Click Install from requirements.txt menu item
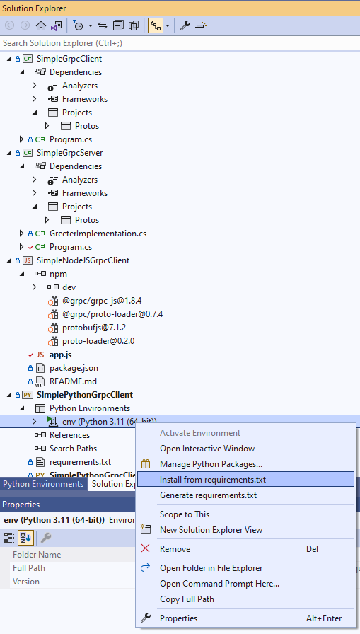(213, 480)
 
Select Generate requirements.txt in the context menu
(208, 495)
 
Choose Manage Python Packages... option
(211, 464)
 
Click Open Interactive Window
(207, 449)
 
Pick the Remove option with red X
(175, 548)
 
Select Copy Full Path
(187, 599)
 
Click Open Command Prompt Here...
(219, 584)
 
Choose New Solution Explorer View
(211, 530)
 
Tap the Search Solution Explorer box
(180, 43)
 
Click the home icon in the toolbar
(41, 25)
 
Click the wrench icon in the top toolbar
(185, 25)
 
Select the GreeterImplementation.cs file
(98, 234)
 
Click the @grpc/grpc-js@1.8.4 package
(102, 301)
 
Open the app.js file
(61, 355)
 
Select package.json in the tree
(74, 368)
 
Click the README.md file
(73, 381)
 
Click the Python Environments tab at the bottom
(43, 484)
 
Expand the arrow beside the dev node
(35, 287)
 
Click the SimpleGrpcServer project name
(69, 153)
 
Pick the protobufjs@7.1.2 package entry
(94, 328)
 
